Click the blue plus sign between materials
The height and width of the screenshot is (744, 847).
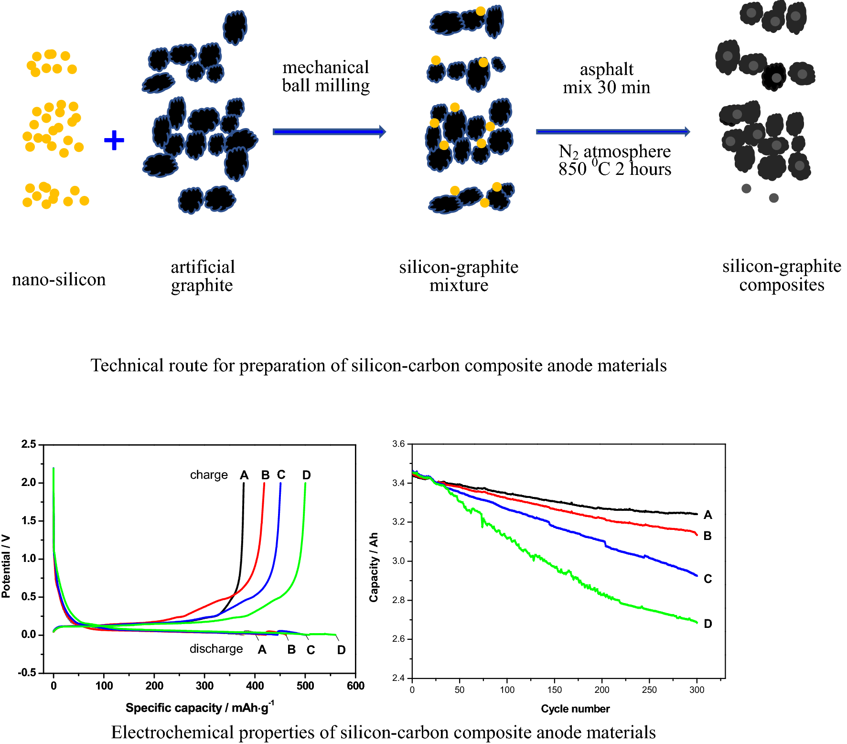(114, 140)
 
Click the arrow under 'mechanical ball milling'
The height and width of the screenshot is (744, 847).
(329, 131)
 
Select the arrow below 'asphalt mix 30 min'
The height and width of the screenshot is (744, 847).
(612, 131)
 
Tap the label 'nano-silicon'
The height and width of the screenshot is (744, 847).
(59, 280)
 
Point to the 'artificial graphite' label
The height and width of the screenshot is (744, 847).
(203, 276)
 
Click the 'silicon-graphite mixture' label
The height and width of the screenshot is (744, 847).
(459, 276)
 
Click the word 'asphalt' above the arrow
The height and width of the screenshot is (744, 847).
(606, 70)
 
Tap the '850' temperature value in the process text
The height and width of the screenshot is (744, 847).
(572, 169)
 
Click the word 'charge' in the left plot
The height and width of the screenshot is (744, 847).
(209, 475)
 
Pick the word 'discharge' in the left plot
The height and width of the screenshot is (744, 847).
(216, 649)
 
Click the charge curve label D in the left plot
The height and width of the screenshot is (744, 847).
(307, 475)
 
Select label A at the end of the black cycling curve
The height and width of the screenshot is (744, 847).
(708, 515)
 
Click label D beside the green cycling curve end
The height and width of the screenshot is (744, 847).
(708, 624)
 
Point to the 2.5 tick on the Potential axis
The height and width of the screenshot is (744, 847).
(29, 444)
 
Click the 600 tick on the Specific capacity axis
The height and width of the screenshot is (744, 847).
(355, 686)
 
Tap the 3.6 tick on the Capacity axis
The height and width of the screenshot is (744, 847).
(398, 444)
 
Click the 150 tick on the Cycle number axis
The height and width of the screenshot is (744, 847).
(554, 690)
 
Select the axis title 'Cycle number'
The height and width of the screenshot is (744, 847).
(575, 709)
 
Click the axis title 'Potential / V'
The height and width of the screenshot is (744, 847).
(6, 566)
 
